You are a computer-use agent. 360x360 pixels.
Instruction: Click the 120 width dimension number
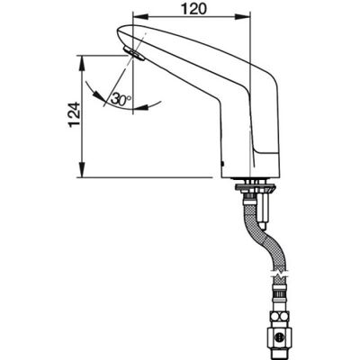pos(193,9)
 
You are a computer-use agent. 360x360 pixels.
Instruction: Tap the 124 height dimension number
pos(75,115)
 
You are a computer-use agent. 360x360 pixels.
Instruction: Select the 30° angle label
pos(121,99)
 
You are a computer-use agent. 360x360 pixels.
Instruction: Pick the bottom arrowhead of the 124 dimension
pos(82,170)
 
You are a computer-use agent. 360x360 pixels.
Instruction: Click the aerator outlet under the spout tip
pos(134,54)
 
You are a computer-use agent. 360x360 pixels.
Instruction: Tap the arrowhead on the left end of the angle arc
pos(98,95)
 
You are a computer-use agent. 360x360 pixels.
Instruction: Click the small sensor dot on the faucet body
pos(222,164)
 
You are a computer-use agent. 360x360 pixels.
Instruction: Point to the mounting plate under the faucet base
pos(256,188)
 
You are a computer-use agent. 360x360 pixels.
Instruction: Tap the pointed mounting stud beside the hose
pos(263,209)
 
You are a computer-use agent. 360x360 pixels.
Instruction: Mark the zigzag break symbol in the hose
pos(280,274)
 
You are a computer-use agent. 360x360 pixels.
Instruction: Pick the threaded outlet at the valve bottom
pos(279,353)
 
